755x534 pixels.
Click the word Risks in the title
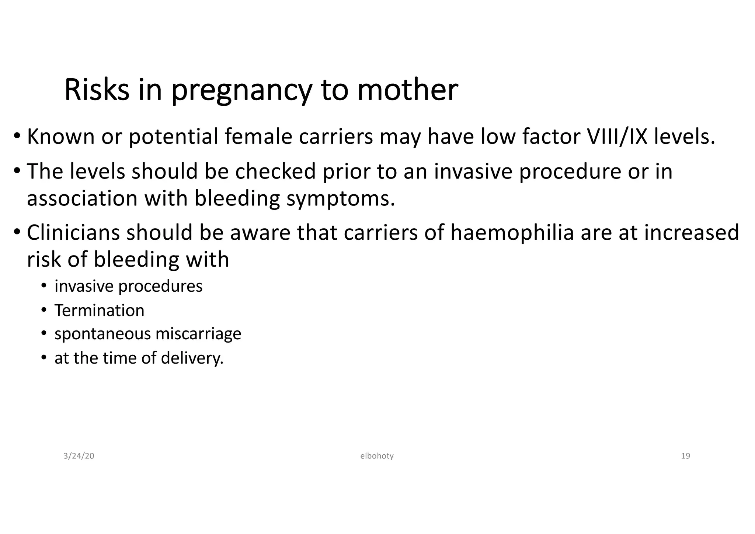pyautogui.click(x=97, y=90)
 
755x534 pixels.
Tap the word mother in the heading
pyautogui.click(x=407, y=90)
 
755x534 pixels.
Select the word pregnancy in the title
pyautogui.click(x=241, y=91)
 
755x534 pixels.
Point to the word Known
pyautogui.click(x=61, y=136)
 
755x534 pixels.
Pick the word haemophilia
pyautogui.click(x=512, y=233)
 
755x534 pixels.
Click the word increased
pyautogui.click(x=691, y=233)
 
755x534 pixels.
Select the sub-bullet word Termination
pyautogui.click(x=99, y=311)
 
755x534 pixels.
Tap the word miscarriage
pyautogui.click(x=198, y=334)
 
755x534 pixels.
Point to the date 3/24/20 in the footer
pyautogui.click(x=79, y=456)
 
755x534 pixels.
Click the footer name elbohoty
pyautogui.click(x=377, y=456)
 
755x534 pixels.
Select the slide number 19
pyautogui.click(x=685, y=456)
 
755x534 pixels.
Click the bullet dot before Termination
pyautogui.click(x=44, y=310)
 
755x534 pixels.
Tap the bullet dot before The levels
pyautogui.click(x=17, y=171)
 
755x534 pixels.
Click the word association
pyautogui.click(x=82, y=198)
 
